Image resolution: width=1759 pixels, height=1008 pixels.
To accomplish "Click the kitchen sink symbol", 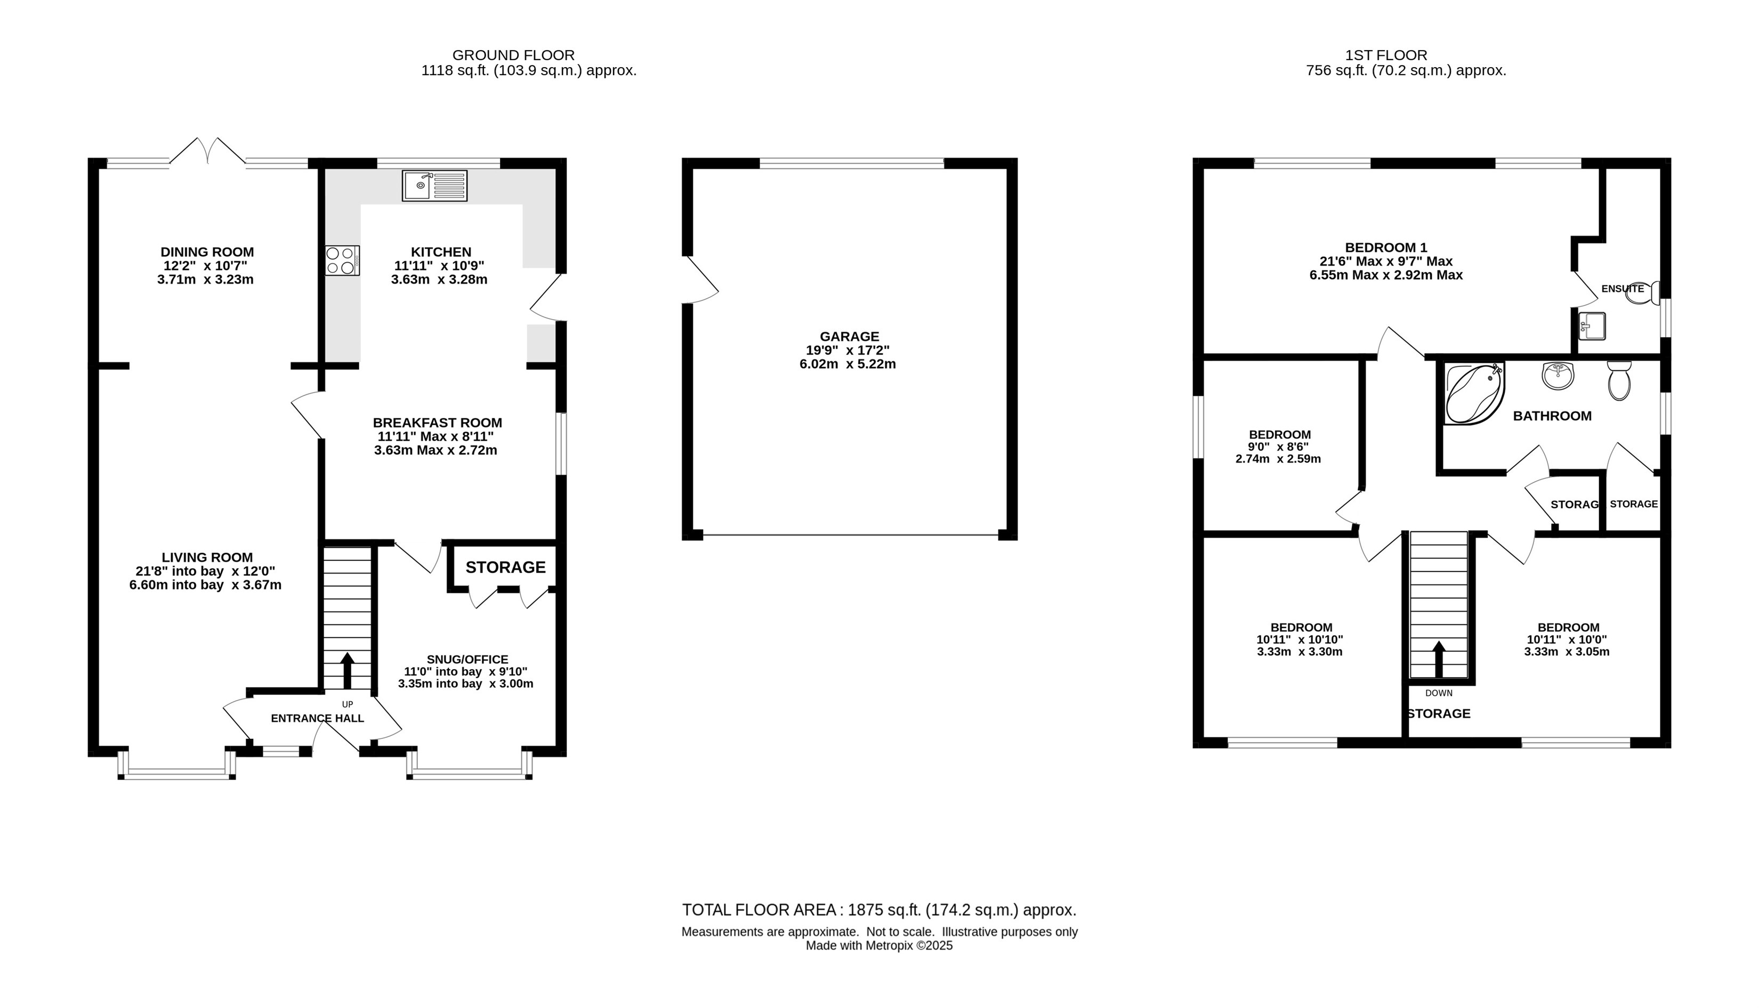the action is click(435, 185).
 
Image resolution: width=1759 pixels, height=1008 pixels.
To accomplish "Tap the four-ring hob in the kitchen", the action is click(342, 261).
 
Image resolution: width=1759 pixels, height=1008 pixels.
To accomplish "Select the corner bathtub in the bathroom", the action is click(1474, 393).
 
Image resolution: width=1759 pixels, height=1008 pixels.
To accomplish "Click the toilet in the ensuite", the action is click(1645, 292).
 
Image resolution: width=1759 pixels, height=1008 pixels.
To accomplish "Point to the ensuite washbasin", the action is click(1592, 326).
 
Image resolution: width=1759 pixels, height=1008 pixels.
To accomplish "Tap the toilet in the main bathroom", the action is click(1619, 380).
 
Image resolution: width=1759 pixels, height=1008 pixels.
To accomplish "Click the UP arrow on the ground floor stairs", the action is click(347, 670).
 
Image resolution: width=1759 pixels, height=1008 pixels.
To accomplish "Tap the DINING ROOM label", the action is click(207, 252).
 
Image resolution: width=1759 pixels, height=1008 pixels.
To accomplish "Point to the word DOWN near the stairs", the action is click(1439, 693).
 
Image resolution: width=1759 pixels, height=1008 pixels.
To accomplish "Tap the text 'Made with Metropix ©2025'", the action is click(879, 946).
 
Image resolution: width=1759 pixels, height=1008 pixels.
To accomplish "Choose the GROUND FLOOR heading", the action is click(513, 55).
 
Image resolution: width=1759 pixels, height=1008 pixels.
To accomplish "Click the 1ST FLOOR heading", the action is click(1386, 55).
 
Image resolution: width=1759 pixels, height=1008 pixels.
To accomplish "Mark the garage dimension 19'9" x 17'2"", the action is click(849, 351).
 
